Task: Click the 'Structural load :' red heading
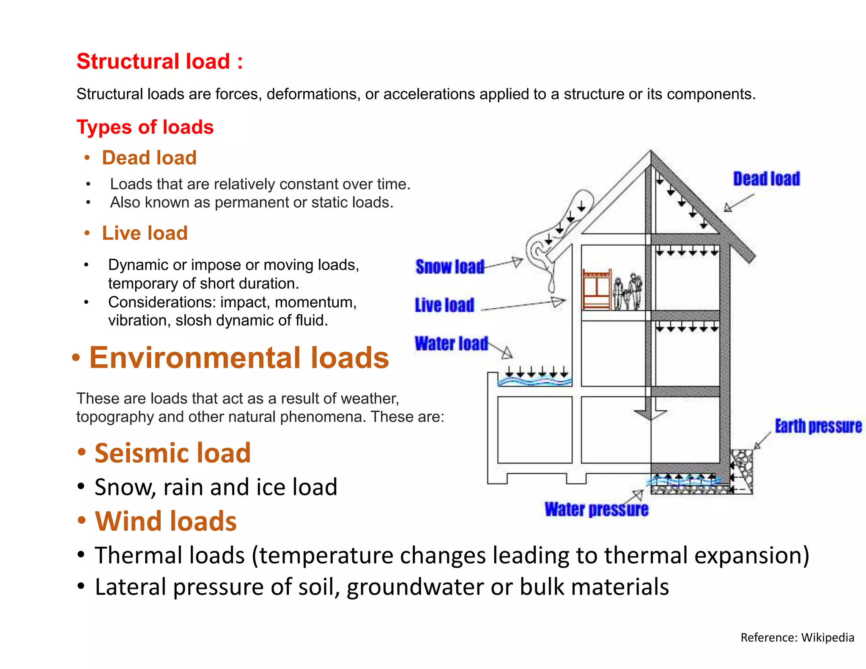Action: pyautogui.click(x=159, y=61)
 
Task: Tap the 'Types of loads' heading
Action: pyautogui.click(x=145, y=127)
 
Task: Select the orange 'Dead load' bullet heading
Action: pyautogui.click(x=149, y=158)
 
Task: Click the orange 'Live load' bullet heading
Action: pyautogui.click(x=145, y=233)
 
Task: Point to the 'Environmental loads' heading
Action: pyautogui.click(x=239, y=358)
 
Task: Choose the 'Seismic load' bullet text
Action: pyautogui.click(x=173, y=453)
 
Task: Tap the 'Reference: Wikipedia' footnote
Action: pyautogui.click(x=797, y=637)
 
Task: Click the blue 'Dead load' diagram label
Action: pyautogui.click(x=766, y=179)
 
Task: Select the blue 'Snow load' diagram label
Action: pyautogui.click(x=450, y=267)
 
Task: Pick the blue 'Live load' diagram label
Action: pyautogui.click(x=444, y=305)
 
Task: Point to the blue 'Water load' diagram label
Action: pyautogui.click(x=451, y=343)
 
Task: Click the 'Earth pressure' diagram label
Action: pyautogui.click(x=818, y=426)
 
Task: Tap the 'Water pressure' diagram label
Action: pyautogui.click(x=596, y=509)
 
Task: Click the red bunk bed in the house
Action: pyautogui.click(x=596, y=290)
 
